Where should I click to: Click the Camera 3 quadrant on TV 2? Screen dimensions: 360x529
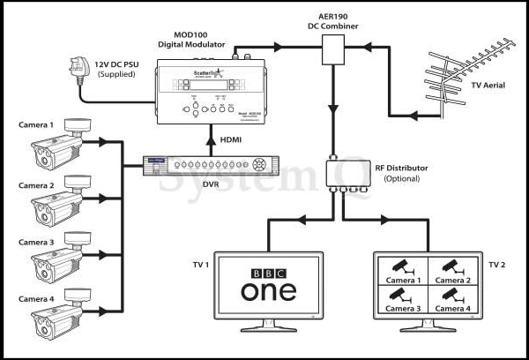pyautogui.click(x=401, y=299)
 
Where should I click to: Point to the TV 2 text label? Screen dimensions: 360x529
pyautogui.click(x=498, y=265)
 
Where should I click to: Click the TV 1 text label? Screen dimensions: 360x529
pyautogui.click(x=200, y=265)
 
